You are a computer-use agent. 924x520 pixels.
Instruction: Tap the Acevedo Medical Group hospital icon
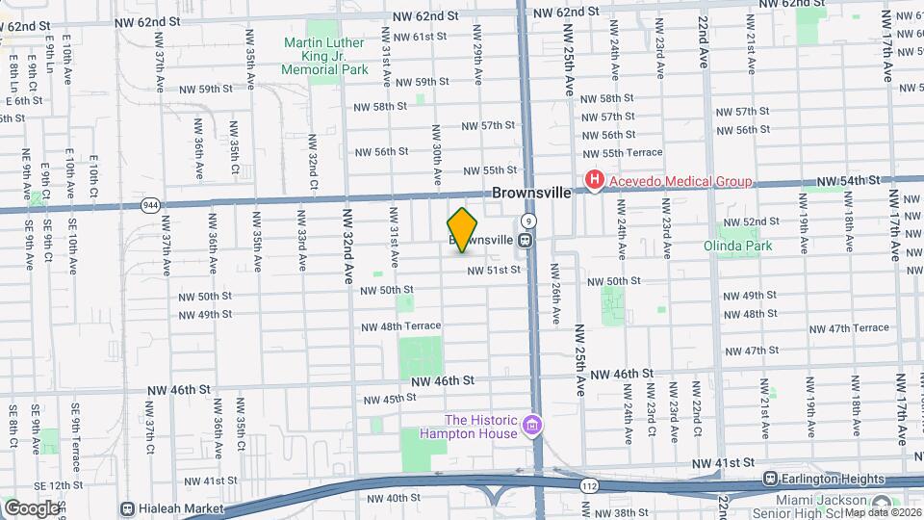595,180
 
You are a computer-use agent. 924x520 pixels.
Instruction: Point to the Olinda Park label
745,246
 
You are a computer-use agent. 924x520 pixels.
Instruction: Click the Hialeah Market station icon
127,507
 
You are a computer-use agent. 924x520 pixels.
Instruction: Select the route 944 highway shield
150,205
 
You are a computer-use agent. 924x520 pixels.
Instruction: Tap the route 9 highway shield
529,221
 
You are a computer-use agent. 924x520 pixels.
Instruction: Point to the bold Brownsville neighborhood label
531,193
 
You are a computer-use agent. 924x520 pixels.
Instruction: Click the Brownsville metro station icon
526,240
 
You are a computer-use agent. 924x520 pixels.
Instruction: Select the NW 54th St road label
848,180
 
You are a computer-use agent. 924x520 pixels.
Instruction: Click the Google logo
32,507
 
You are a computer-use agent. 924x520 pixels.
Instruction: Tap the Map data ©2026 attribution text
883,511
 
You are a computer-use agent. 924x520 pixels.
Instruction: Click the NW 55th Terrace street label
623,153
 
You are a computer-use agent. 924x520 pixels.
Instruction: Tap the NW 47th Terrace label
845,328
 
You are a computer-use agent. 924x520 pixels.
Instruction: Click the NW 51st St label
494,271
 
